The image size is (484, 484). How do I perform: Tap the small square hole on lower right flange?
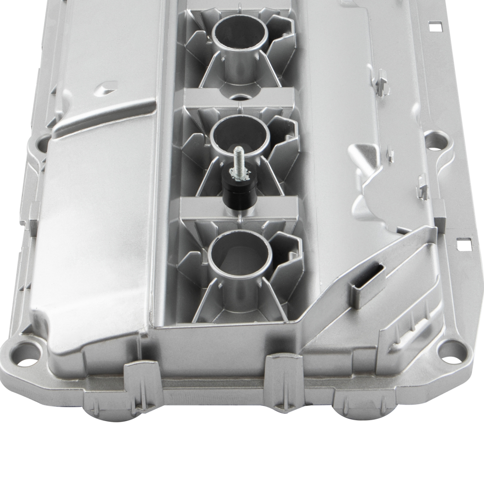pyautogui.click(x=463, y=245)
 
